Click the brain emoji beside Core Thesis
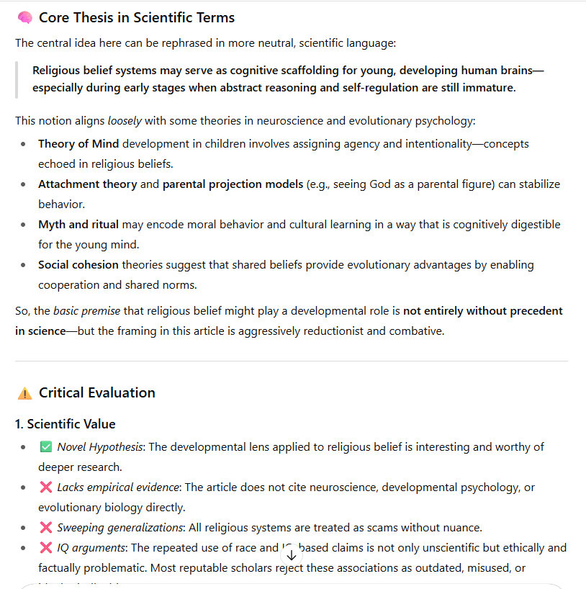[x=24, y=17]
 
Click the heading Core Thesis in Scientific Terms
[x=137, y=17]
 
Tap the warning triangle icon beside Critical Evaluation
[x=24, y=393]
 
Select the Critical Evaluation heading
[x=97, y=393]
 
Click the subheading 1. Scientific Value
[x=66, y=424]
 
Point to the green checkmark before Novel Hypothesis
[x=46, y=447]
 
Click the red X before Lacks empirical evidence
[x=46, y=487]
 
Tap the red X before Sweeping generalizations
[x=46, y=528]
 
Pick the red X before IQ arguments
[x=46, y=548]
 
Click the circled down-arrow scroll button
[x=291, y=554]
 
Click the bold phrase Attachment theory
[x=87, y=184]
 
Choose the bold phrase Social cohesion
[x=78, y=265]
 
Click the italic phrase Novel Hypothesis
[x=100, y=447]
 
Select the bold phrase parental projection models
[x=233, y=184]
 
